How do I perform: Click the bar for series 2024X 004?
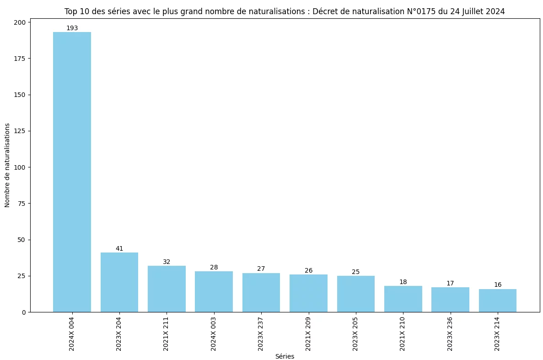(x=72, y=172)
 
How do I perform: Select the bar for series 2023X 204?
(x=119, y=282)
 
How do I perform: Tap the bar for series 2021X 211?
(x=167, y=289)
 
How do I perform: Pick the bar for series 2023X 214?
(x=498, y=301)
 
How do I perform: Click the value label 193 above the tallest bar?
(x=72, y=28)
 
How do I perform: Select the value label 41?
(x=119, y=249)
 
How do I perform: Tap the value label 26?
(x=309, y=271)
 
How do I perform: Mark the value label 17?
(x=450, y=284)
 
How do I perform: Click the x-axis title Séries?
(x=285, y=356)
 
